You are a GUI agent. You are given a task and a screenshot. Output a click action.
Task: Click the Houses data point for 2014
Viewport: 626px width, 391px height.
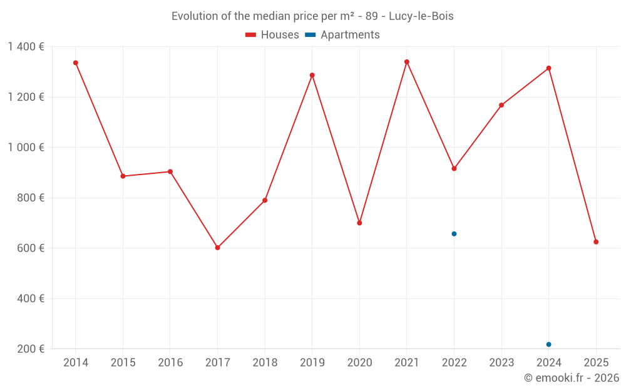(76, 63)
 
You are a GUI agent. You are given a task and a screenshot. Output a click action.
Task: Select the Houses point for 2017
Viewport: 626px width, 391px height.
(217, 248)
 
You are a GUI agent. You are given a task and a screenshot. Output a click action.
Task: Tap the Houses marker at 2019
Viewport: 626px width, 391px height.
(312, 75)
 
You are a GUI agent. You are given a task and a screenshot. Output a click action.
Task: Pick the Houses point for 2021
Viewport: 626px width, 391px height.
(407, 62)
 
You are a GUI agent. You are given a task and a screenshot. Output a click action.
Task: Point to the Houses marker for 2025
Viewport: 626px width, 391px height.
(596, 241)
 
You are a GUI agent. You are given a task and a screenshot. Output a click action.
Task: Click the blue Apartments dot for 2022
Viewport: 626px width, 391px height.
(454, 234)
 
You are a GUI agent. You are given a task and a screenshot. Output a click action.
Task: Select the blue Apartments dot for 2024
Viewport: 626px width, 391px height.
(548, 344)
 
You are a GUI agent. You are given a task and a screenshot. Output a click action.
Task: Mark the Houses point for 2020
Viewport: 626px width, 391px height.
(359, 223)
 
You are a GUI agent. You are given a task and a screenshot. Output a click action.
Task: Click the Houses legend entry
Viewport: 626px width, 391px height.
(272, 35)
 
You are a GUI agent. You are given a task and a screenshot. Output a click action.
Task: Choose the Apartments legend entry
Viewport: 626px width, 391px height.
(342, 35)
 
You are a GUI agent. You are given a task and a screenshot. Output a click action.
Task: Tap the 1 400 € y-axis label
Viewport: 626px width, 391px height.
(26, 47)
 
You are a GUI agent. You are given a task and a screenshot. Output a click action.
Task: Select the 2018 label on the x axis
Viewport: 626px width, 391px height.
(265, 363)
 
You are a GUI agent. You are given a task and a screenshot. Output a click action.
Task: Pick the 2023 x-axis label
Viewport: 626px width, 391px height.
(501, 363)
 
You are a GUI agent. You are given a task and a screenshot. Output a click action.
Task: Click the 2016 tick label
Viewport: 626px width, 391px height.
(170, 363)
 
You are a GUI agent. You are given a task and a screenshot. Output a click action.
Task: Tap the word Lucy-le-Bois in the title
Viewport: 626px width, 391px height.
(421, 16)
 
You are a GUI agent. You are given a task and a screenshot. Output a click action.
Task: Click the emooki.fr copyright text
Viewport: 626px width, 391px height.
(572, 378)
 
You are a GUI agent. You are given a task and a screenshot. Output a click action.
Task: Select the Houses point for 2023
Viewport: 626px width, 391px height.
(501, 105)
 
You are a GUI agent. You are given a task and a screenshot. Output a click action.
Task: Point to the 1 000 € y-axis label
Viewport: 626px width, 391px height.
(26, 148)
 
